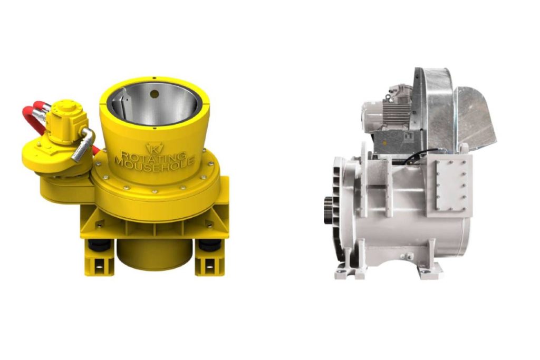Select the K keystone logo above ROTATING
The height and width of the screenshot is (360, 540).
click(x=155, y=148)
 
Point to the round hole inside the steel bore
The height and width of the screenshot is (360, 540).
click(x=155, y=94)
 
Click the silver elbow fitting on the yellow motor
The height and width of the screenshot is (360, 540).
click(x=83, y=144)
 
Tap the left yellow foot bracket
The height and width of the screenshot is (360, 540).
click(x=99, y=260)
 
